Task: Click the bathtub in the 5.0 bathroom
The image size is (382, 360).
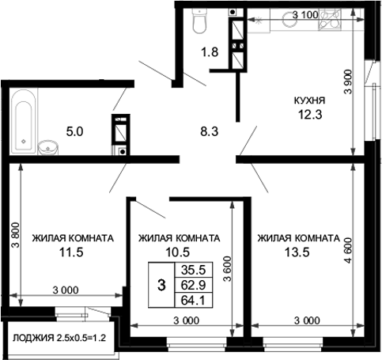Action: pos(23,118)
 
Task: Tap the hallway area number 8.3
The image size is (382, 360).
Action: pos(209,132)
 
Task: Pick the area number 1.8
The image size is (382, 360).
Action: pos(209,54)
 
